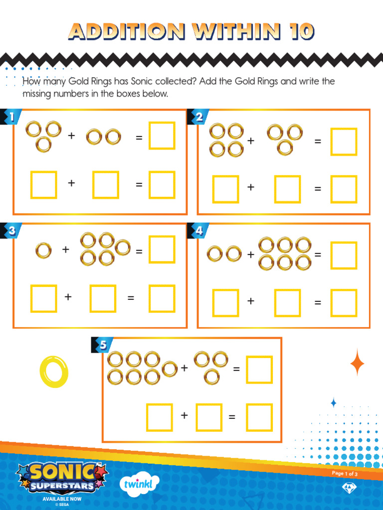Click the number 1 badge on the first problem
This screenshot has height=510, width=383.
(10, 117)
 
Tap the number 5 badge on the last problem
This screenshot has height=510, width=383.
(102, 345)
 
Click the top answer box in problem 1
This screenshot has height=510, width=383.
(162, 135)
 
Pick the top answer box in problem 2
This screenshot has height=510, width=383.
(344, 141)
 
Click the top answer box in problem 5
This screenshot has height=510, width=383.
(259, 370)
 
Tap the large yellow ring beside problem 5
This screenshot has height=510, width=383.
(54, 372)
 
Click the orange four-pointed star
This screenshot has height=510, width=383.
(357, 363)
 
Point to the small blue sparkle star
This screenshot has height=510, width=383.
(334, 402)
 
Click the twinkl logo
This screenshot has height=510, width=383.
(140, 483)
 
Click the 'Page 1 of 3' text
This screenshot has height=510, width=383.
(345, 474)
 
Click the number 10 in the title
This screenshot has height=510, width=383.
(299, 32)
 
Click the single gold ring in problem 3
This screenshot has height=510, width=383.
(43, 250)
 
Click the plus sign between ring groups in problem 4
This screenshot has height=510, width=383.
(250, 255)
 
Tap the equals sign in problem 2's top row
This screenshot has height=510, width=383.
(318, 142)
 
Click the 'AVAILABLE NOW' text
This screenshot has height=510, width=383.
(61, 499)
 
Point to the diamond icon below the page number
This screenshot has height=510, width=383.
(348, 488)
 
